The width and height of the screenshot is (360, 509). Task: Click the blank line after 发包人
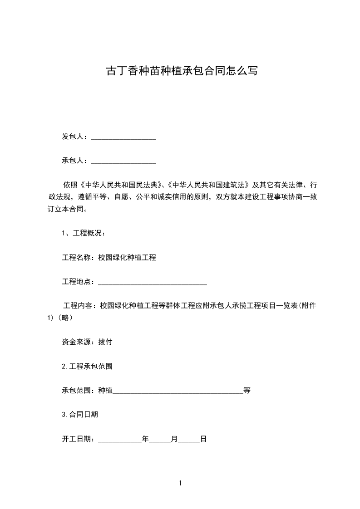click(x=123, y=137)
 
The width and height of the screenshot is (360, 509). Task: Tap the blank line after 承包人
click(x=123, y=161)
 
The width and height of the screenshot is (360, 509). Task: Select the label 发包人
click(x=73, y=137)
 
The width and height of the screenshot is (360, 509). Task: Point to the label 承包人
click(x=73, y=161)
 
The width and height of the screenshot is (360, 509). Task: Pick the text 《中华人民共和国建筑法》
click(x=207, y=185)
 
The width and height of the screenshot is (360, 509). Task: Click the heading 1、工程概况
click(x=84, y=234)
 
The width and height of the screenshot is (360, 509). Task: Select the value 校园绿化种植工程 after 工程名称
click(x=127, y=258)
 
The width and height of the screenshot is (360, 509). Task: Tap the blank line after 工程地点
click(x=153, y=282)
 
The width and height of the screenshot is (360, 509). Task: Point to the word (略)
click(x=65, y=318)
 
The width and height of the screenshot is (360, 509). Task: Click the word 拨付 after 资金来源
click(x=105, y=342)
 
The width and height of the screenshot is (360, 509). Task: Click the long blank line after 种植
click(x=178, y=391)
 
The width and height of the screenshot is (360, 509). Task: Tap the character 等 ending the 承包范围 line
click(x=247, y=390)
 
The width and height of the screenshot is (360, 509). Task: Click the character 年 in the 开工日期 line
click(x=145, y=439)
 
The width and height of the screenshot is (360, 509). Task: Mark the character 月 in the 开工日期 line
click(x=174, y=439)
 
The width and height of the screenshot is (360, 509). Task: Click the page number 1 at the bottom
click(x=180, y=483)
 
